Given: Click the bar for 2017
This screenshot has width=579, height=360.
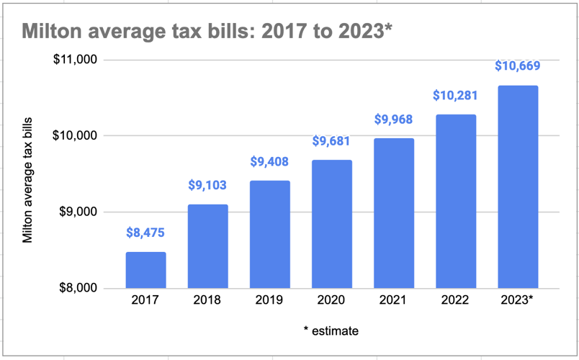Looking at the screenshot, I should coord(145,270).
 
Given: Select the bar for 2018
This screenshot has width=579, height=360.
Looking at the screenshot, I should coord(207,246).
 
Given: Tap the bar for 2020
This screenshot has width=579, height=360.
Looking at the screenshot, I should coord(331,224).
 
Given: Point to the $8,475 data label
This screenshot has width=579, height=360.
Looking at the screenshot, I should coord(145,233).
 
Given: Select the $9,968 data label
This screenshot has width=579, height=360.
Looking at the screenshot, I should coord(393,120).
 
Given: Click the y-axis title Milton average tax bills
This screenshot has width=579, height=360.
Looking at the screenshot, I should coord(28,174).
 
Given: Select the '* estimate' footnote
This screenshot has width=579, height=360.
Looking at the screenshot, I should coord(331,331).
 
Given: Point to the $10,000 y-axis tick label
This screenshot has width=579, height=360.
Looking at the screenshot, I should coord(76,136).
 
